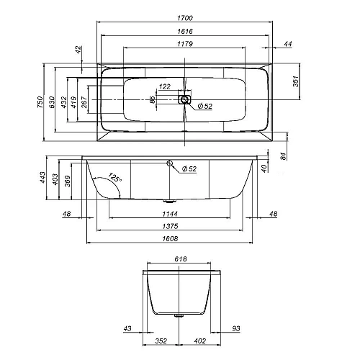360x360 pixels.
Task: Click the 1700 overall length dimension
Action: (x=185, y=18)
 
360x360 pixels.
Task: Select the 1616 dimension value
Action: (x=185, y=32)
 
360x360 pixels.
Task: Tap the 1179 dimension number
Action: (x=185, y=44)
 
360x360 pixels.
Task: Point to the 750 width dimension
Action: (x=40, y=102)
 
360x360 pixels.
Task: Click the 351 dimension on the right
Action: (x=296, y=81)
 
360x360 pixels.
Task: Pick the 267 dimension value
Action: (x=84, y=102)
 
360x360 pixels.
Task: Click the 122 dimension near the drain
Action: (x=165, y=86)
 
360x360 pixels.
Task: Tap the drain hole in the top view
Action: (x=184, y=99)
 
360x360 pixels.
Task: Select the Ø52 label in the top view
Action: (x=205, y=106)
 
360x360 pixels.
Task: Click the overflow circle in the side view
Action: (x=170, y=163)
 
